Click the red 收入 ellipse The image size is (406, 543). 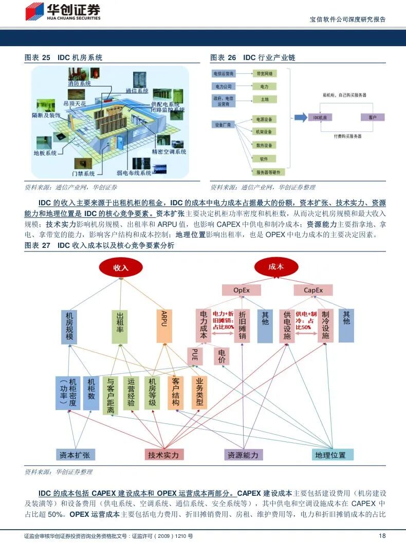click(120, 267)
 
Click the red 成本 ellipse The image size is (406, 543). click(276, 267)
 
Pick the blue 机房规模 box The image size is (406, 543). click(69, 326)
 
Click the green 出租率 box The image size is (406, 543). click(120, 326)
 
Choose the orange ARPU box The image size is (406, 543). click(164, 326)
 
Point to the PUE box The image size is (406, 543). click(194, 356)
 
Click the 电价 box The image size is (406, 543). click(222, 356)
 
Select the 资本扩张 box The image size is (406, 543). click(75, 455)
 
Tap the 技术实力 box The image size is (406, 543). click(163, 455)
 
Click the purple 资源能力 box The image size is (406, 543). click(244, 455)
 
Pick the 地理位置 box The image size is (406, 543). click(330, 455)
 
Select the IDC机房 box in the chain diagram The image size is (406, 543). click(320, 118)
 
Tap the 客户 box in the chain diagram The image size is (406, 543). click(373, 118)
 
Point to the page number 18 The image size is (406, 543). click(382, 536)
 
